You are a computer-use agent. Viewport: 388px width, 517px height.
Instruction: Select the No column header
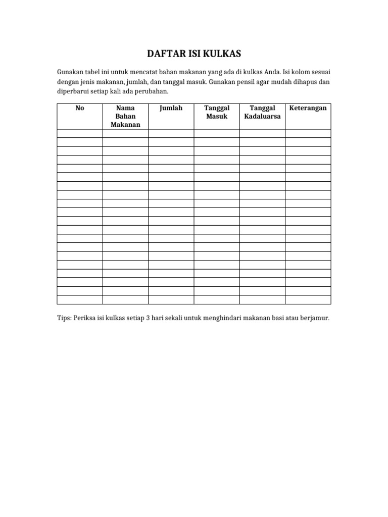tap(79, 108)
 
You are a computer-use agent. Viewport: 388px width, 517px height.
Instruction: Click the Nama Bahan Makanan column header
tap(125, 116)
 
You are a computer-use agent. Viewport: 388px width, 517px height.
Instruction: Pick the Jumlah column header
tap(171, 108)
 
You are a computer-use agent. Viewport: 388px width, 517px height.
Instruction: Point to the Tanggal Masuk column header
tap(217, 112)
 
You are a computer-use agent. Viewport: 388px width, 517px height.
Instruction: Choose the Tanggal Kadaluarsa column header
tap(262, 112)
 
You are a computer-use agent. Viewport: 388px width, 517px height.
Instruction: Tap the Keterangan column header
tap(308, 108)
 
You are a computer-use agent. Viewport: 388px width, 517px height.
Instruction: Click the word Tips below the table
tap(64, 319)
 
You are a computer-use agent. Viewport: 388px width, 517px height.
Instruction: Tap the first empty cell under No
tap(79, 133)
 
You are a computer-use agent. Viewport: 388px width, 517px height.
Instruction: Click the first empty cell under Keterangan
tap(308, 133)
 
